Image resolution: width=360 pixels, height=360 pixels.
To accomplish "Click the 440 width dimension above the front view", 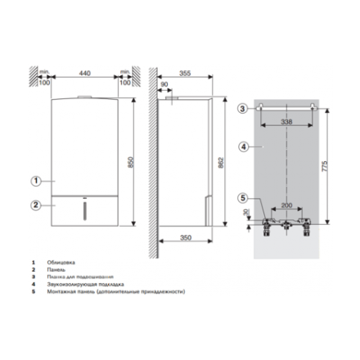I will click(84, 73).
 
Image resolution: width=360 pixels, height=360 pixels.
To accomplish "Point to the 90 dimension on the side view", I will click(163, 84).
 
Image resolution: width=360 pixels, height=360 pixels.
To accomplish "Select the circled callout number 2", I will click(34, 205).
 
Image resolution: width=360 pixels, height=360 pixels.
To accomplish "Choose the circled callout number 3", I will click(242, 107).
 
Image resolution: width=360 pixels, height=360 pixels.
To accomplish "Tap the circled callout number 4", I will click(242, 147).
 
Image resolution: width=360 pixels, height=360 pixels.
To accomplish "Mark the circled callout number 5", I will click(242, 197).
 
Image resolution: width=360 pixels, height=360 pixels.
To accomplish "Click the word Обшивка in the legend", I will click(61, 262).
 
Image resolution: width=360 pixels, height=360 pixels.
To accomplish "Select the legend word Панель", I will click(59, 269).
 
